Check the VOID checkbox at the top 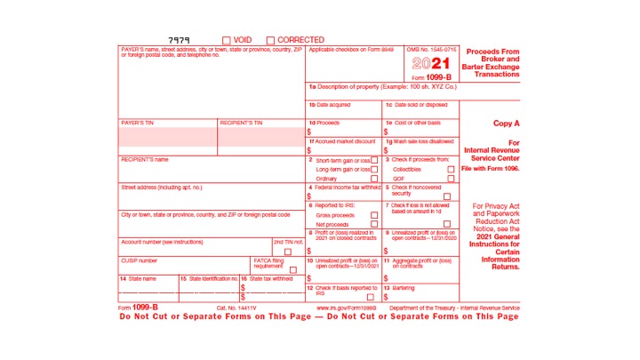point(227,40)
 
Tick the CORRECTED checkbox point(270,40)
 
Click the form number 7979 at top point(180,40)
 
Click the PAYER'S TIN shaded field point(168,137)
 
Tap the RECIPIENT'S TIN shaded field point(260,137)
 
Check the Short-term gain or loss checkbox point(374,160)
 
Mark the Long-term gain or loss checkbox point(374,169)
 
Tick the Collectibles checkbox point(452,169)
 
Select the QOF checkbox point(452,179)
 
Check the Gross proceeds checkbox point(374,215)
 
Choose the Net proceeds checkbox point(374,225)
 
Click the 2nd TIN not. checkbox point(287,252)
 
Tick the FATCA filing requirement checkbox point(292,269)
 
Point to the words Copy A point(507,124)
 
